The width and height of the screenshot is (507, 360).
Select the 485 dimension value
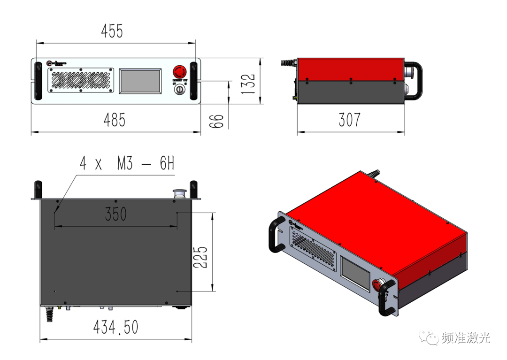115,120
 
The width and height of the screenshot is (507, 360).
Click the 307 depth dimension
349,120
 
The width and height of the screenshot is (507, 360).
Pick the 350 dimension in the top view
115,214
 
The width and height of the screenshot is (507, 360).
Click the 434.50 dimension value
115,327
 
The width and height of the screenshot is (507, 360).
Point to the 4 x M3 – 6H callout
127,164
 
